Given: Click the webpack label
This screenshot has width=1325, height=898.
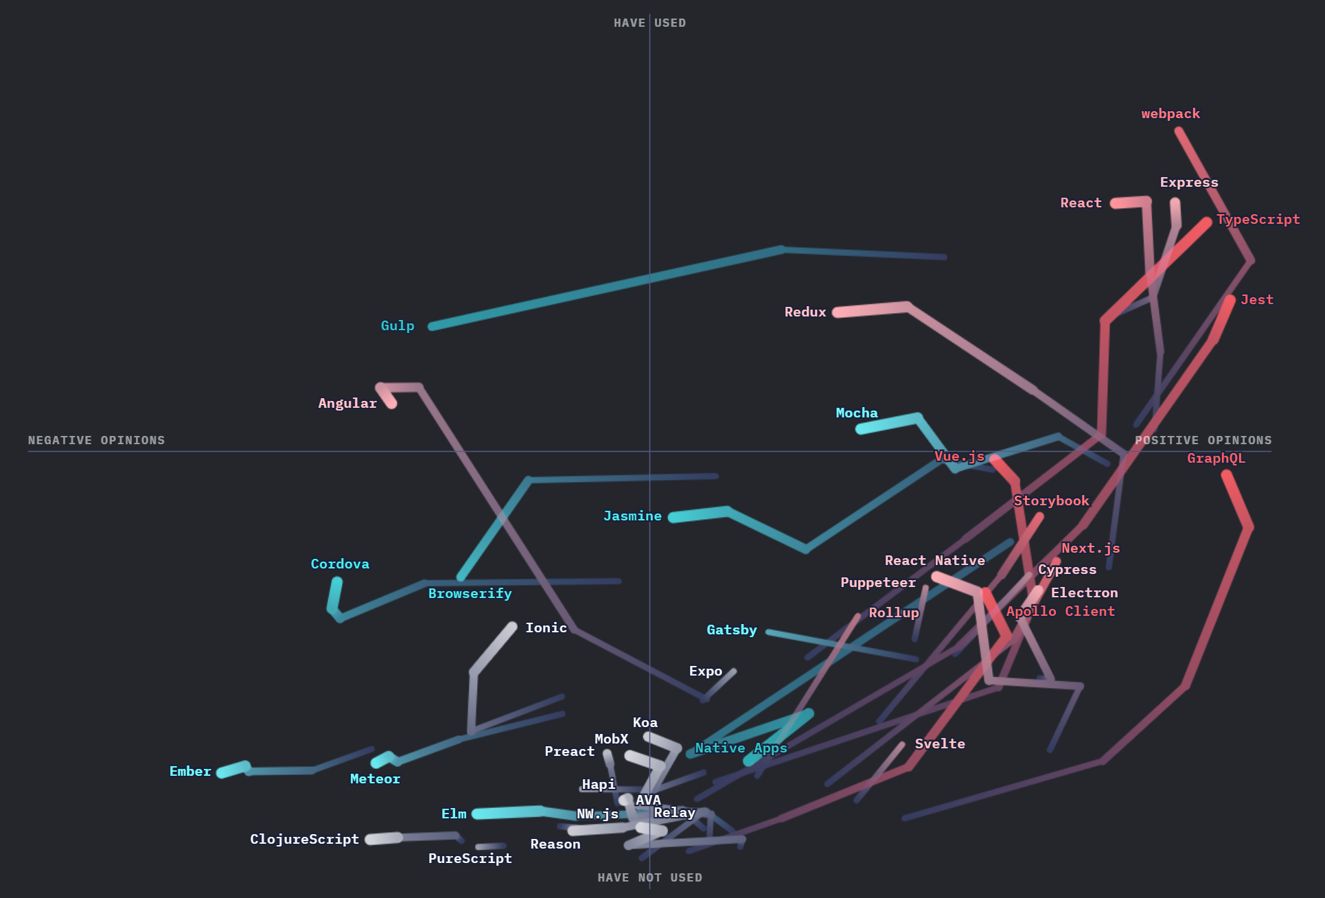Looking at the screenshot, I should (x=1171, y=114).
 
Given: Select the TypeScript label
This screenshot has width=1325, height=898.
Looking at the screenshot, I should (x=1258, y=220).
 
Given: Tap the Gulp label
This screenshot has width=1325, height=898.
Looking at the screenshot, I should (x=397, y=326).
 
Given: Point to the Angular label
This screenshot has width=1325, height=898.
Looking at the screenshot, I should (x=347, y=404).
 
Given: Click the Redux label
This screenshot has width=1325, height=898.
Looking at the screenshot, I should (x=805, y=312).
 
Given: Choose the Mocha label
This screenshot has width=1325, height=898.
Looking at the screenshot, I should (x=857, y=413).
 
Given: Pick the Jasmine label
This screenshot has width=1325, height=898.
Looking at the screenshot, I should (x=632, y=516).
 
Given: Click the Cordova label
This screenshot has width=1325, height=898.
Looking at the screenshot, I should (x=340, y=564).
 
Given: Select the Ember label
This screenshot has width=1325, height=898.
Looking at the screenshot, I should (x=190, y=772).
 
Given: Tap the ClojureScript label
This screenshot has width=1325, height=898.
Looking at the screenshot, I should (x=304, y=840).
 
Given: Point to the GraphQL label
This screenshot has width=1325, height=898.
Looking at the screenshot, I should (x=1216, y=459).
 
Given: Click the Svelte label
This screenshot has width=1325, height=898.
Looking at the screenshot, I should (x=940, y=744).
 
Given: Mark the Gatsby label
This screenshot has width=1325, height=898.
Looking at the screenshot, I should (x=732, y=630).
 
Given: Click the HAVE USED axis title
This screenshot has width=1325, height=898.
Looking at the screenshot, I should (x=649, y=23).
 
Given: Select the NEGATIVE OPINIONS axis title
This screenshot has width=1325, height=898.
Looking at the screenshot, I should (x=96, y=441).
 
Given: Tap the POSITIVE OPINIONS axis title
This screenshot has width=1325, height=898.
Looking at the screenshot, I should (x=1203, y=441).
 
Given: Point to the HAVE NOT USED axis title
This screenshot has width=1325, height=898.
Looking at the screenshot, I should (x=649, y=878).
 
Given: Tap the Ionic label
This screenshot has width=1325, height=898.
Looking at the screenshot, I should (x=546, y=628).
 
